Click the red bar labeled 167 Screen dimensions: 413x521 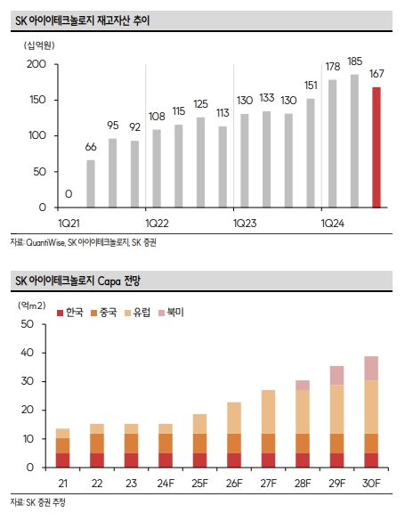pyautogui.click(x=377, y=148)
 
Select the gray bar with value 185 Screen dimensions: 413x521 pyautogui.click(x=354, y=142)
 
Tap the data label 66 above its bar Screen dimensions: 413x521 pyautogui.click(x=91, y=147)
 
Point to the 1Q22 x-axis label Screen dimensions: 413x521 pyautogui.click(x=157, y=224)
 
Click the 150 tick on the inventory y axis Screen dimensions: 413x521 pyautogui.click(x=37, y=100)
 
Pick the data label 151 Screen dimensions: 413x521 pyautogui.click(x=311, y=85)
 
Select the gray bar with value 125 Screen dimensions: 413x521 pyautogui.click(x=200, y=162)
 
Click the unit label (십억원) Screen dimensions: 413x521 pyautogui.click(x=39, y=45)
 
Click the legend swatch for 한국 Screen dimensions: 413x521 pyautogui.click(x=61, y=313)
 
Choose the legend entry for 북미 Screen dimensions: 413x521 pyautogui.click(x=171, y=313)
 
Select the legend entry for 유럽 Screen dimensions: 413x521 pyautogui.click(x=137, y=313)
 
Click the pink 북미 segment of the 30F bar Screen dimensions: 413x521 pyautogui.click(x=371, y=369)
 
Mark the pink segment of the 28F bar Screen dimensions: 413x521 pyautogui.click(x=303, y=386)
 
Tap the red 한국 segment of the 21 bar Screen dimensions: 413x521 pyautogui.click(x=62, y=460)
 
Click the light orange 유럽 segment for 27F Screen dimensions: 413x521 pyautogui.click(x=268, y=412)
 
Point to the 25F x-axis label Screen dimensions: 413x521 pyautogui.click(x=199, y=483)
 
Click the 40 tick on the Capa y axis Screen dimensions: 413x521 pyautogui.click(x=28, y=353)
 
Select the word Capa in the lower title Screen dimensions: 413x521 pyautogui.click(x=109, y=281)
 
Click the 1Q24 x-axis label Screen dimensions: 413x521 pyautogui.click(x=332, y=224)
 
